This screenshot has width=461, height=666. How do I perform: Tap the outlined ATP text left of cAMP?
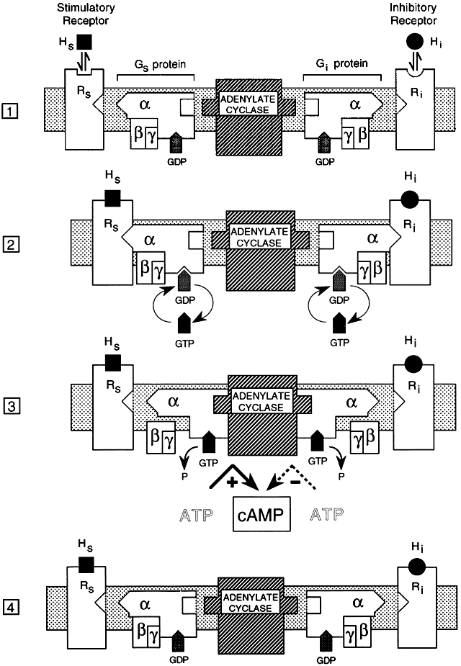(194, 516)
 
